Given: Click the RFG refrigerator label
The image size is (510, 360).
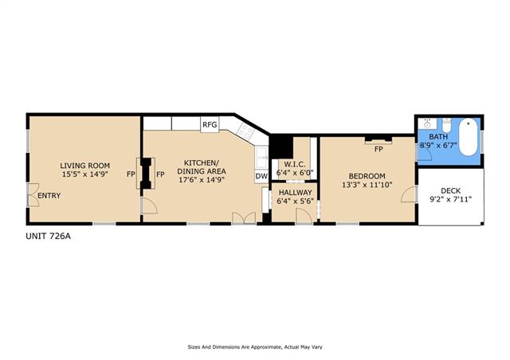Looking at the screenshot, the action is click(210, 125).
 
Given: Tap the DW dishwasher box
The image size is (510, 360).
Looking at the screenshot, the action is click(261, 176).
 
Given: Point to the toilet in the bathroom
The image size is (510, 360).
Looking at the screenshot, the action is click(446, 124).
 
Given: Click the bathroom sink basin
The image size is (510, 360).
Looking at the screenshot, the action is click(427, 124).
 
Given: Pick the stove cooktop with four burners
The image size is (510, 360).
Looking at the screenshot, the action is click(245, 131).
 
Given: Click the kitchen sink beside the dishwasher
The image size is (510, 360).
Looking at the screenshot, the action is click(261, 158).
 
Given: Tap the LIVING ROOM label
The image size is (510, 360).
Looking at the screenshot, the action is click(85, 166).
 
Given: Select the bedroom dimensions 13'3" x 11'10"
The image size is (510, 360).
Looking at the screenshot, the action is click(367, 185).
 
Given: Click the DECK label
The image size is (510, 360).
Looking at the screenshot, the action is click(450, 191).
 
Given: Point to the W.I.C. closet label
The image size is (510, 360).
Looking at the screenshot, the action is click(295, 165).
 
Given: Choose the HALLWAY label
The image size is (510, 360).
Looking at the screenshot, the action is click(295, 193).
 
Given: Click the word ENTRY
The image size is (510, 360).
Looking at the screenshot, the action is click(49, 195).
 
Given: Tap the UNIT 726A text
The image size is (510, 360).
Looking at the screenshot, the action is click(48, 236).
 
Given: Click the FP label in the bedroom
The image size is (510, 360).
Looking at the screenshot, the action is click(379, 149).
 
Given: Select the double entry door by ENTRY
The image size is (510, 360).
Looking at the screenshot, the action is click(33, 195).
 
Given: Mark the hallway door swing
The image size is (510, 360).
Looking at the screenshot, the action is click(304, 215).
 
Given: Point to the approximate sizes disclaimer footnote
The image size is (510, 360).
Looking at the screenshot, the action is click(255, 347).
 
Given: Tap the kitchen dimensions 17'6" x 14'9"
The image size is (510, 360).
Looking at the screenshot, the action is click(202, 179).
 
